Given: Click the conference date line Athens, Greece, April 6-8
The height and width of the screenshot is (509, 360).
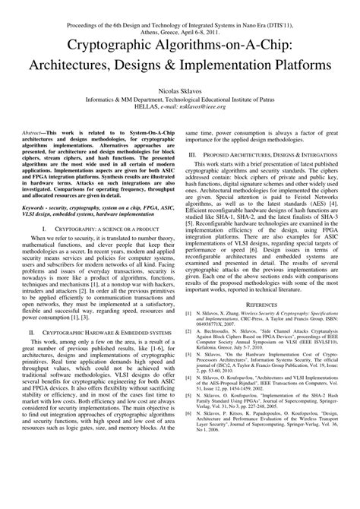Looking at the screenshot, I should pos(179,21).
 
